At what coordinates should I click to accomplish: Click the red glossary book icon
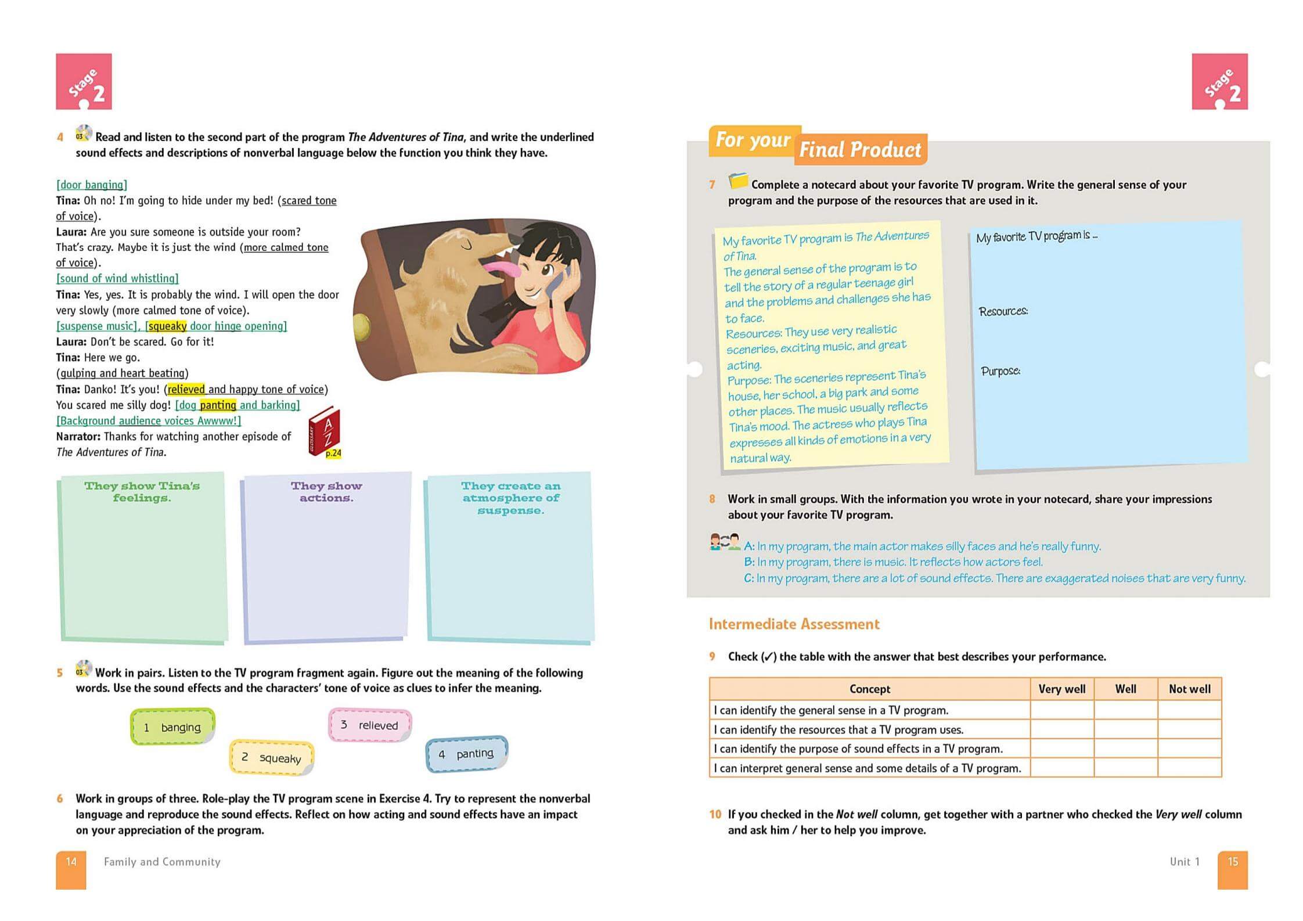[x=324, y=431]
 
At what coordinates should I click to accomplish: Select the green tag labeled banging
[x=172, y=727]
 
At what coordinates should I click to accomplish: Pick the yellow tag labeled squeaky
[x=272, y=758]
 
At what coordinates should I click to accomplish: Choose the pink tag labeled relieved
[x=370, y=725]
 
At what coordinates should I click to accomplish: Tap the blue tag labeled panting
[x=467, y=754]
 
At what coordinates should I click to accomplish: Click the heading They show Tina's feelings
[x=142, y=492]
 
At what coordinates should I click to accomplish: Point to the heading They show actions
[x=326, y=492]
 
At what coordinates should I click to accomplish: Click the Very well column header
[x=1061, y=689]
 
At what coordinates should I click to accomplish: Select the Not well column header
[x=1189, y=689]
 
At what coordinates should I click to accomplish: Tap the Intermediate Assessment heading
[x=794, y=624]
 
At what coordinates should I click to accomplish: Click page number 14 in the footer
[x=71, y=862]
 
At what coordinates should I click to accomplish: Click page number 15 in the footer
[x=1233, y=862]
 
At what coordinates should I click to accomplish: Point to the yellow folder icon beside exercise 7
[x=737, y=181]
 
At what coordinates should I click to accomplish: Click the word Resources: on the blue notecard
[x=1003, y=311]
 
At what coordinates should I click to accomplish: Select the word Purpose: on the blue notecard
[x=1000, y=371]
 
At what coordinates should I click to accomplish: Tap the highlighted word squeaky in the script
[x=167, y=326]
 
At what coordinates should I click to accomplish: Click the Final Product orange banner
[x=860, y=150]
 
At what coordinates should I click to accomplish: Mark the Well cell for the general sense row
[x=1125, y=710]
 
